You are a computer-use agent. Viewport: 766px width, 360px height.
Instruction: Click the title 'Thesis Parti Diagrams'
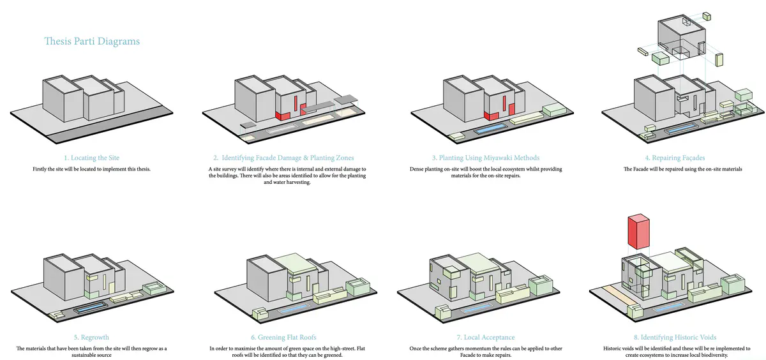click(x=92, y=41)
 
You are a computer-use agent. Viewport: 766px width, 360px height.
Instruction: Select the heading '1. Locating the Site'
click(x=91, y=158)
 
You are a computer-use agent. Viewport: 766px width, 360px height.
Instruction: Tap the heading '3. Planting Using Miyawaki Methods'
click(x=485, y=158)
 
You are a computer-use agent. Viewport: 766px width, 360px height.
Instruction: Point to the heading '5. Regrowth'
click(x=91, y=337)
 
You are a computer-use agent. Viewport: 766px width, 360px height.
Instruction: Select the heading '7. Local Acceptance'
click(x=485, y=337)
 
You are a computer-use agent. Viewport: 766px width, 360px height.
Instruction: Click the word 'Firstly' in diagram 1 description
click(x=40, y=169)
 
